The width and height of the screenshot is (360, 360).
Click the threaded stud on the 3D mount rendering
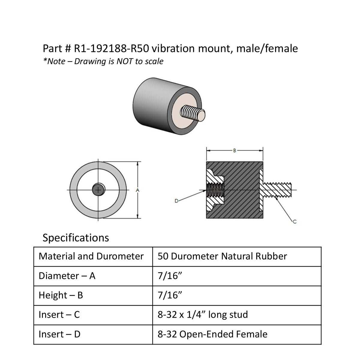(x=192, y=114)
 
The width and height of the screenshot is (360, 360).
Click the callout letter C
(x=294, y=222)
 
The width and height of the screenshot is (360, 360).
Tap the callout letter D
(x=176, y=200)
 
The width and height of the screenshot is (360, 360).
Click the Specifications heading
(x=76, y=238)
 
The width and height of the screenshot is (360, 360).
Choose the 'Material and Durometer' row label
(x=91, y=256)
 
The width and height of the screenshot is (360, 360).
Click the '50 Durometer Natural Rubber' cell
(x=222, y=256)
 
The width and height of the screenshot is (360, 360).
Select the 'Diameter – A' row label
(x=67, y=276)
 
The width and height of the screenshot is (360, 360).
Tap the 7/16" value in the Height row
(x=170, y=295)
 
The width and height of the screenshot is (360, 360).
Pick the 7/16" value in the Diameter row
(x=170, y=276)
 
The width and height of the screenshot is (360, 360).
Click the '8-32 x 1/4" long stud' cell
(x=203, y=315)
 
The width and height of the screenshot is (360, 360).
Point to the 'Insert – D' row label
(x=60, y=334)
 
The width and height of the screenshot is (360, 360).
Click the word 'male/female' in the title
(x=267, y=48)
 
